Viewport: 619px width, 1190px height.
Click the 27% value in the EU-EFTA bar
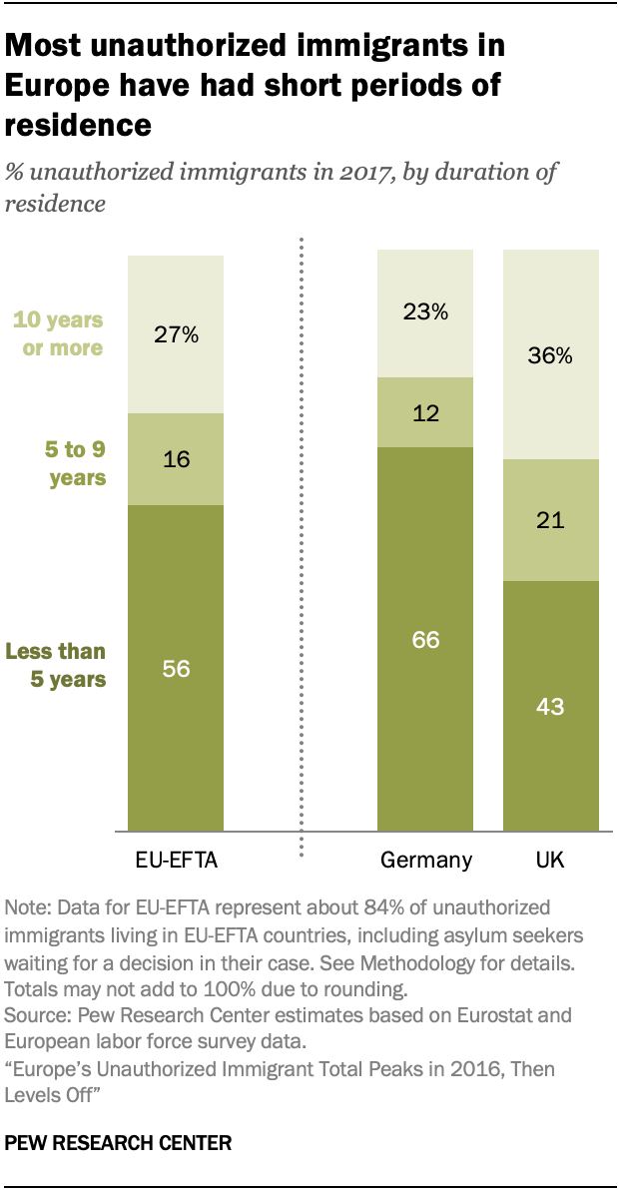point(176,334)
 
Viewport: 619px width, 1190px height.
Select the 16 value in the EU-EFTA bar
point(176,460)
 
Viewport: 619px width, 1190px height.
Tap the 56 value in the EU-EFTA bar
point(176,669)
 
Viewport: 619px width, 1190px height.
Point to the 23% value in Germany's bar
point(425,312)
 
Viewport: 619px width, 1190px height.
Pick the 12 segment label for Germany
point(425,412)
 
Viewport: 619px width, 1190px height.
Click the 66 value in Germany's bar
point(425,640)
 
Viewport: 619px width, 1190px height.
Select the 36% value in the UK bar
point(550,355)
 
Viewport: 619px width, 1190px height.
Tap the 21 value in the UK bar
point(550,520)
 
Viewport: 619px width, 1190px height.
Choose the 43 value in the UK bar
point(550,707)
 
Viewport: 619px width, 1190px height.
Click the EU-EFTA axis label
point(176,860)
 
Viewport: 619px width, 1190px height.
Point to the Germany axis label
point(425,860)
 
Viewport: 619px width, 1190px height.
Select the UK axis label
point(550,860)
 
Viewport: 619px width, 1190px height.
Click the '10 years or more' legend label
point(57,334)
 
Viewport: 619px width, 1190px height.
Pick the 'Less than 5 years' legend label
point(56,665)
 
